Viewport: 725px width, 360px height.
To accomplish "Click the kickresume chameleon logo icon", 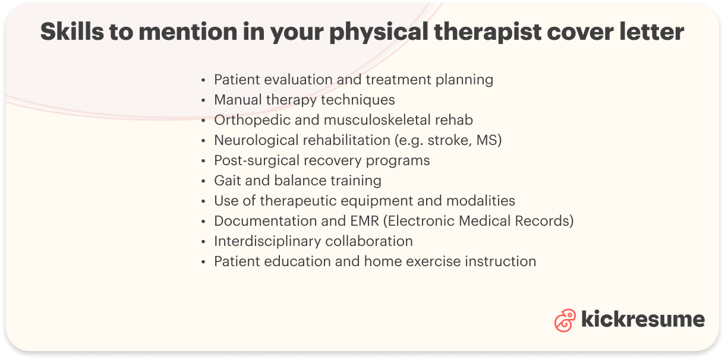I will [x=565, y=320].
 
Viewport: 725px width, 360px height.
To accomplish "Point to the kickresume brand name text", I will [x=642, y=320].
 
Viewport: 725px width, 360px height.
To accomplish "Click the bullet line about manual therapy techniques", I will [x=304, y=100].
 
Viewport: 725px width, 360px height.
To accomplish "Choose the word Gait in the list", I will [x=227, y=181].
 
